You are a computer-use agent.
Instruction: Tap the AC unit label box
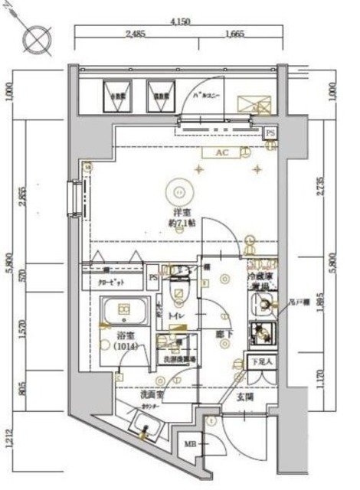(222, 153)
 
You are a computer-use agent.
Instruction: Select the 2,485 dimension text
(135, 33)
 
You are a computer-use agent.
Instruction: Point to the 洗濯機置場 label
(177, 358)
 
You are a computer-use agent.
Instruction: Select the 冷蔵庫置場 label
(260, 280)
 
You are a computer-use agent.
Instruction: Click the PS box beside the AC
(270, 132)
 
